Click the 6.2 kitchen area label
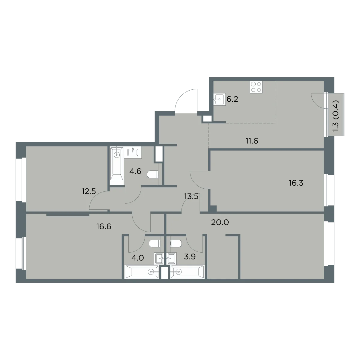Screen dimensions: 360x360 click(x=232, y=99)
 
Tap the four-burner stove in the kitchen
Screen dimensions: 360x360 click(x=256, y=87)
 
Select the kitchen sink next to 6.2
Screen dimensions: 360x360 click(x=218, y=99)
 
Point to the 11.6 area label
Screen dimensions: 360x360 click(x=252, y=141)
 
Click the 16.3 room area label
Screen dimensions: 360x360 click(x=296, y=183)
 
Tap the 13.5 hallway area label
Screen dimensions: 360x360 click(x=191, y=196)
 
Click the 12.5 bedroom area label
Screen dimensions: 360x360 click(x=89, y=191)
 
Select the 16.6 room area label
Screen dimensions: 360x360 click(x=104, y=226)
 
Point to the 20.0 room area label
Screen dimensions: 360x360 click(x=220, y=222)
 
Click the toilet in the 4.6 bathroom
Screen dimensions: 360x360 click(x=153, y=175)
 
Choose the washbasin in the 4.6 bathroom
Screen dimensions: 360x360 click(x=133, y=152)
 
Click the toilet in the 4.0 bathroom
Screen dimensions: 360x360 click(x=155, y=244)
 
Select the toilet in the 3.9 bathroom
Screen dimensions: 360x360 click(x=176, y=244)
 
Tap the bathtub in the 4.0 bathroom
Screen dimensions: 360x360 click(x=142, y=271)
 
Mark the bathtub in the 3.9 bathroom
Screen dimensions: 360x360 click(x=187, y=271)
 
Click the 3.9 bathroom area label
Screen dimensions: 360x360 click(x=190, y=257)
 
